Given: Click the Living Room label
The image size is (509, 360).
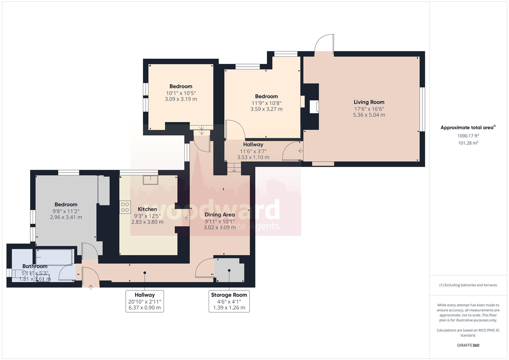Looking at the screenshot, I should click(369, 102).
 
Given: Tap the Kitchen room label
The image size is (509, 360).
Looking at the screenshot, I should click(147, 209).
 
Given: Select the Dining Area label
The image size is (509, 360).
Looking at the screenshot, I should click(220, 215).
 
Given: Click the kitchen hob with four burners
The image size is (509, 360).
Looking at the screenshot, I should click(125, 207).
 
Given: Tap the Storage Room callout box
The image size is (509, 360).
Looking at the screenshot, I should click(229, 301).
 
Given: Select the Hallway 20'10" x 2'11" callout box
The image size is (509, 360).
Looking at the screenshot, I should click(145, 301).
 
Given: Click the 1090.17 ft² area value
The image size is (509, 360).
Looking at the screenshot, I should click(468, 136).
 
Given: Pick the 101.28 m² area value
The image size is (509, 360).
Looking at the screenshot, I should click(468, 143).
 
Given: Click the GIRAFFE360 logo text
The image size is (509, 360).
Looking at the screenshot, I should click(468, 345).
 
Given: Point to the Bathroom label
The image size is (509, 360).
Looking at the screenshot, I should click(35, 266).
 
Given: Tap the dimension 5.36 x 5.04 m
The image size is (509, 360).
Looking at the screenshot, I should click(369, 115).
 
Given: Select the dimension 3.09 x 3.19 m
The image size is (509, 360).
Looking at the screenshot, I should click(181, 99).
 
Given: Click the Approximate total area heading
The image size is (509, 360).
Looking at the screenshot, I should click(467, 128).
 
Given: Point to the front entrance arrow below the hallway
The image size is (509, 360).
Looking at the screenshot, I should click(91, 286).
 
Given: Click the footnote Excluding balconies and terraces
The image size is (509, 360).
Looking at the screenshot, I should click(468, 285).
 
